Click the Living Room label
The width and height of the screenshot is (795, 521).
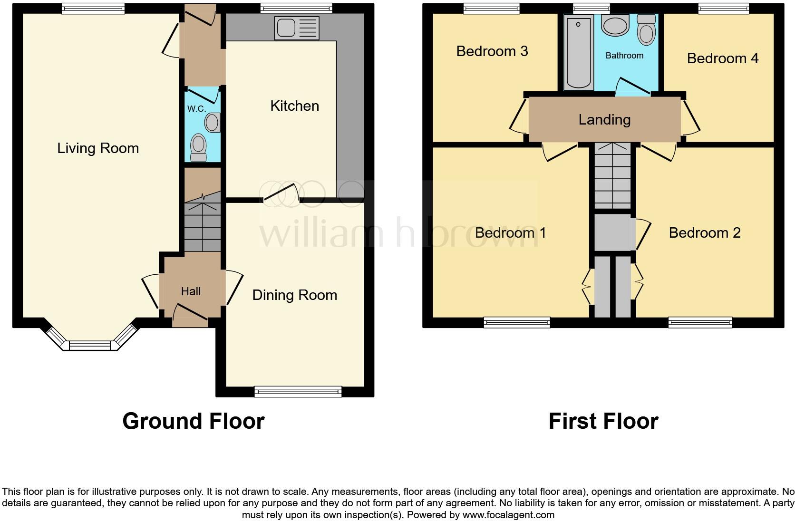click(x=98, y=148)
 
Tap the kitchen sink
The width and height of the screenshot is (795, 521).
click(x=297, y=28)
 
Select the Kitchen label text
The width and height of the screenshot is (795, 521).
click(x=294, y=106)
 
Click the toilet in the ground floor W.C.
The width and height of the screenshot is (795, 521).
click(x=198, y=147)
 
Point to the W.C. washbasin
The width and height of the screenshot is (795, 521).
click(x=213, y=123)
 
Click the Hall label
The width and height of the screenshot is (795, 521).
click(x=191, y=291)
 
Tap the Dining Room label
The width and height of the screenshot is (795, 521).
click(x=294, y=295)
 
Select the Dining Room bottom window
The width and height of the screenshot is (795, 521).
click(x=298, y=391)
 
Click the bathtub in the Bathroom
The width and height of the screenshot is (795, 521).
click(x=579, y=52)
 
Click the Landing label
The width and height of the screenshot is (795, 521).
click(x=604, y=120)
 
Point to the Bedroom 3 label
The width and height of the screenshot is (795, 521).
click(x=492, y=51)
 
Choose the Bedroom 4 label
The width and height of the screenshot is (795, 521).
click(x=722, y=58)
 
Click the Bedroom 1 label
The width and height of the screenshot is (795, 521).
click(x=510, y=232)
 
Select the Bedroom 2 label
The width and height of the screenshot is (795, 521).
click(x=704, y=232)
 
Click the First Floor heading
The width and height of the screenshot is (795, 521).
click(x=603, y=421)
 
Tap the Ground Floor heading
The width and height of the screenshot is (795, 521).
click(x=193, y=421)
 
